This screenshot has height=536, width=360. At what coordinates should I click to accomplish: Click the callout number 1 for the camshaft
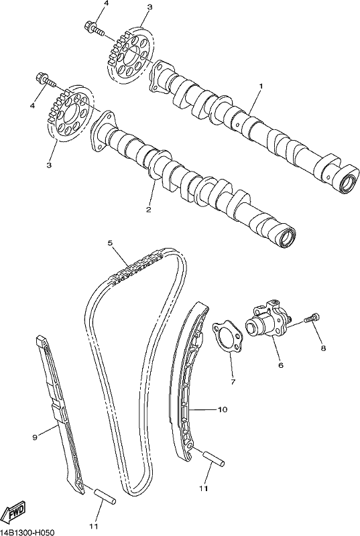click(260, 87)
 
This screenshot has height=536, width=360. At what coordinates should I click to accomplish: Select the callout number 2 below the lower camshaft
click(148, 210)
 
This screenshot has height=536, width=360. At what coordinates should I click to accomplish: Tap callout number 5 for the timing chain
click(110, 243)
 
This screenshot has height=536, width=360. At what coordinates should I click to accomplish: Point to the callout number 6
click(281, 365)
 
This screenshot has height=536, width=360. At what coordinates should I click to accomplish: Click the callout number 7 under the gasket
click(233, 382)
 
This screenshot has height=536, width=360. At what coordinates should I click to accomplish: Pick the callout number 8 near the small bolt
click(323, 348)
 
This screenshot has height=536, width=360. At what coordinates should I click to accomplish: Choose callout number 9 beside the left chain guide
click(35, 437)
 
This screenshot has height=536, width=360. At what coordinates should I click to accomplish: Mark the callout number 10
click(222, 409)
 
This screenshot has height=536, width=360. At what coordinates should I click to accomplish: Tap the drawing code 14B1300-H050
click(27, 533)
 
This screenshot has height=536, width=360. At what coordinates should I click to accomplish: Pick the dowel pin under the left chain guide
click(105, 497)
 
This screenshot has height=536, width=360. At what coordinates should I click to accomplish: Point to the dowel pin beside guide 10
click(214, 458)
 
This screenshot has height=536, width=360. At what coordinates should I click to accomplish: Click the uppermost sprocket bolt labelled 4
click(95, 27)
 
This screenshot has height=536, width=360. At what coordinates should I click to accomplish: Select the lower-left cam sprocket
click(70, 113)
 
